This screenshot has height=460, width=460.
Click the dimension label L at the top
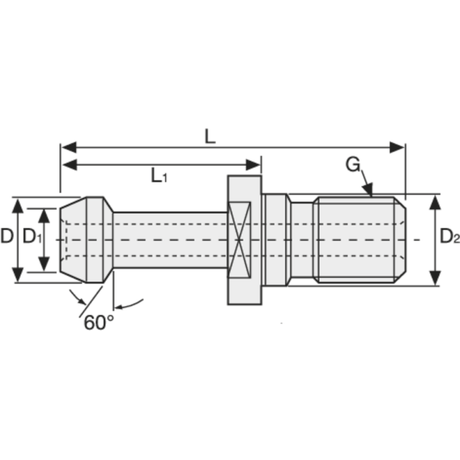pos(210,136)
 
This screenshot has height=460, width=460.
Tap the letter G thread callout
pos(352,164)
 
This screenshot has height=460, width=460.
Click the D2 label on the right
pos(449,237)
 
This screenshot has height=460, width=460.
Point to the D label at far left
pos(7,236)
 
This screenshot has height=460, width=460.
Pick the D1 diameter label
pos(32,236)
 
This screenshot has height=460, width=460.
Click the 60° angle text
pos(99,323)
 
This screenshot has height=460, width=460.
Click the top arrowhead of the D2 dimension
pos(435,202)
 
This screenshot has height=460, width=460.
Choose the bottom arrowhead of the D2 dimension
pos(435,277)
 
